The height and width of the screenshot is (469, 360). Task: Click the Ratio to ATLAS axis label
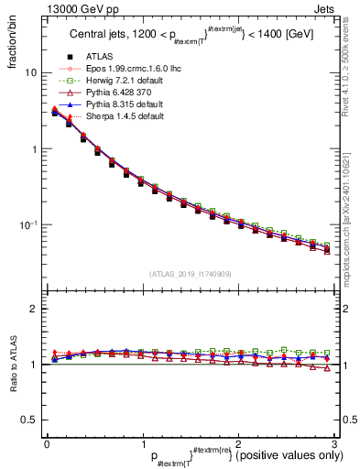(x=10, y=365)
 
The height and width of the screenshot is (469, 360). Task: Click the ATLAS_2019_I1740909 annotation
(x=191, y=273)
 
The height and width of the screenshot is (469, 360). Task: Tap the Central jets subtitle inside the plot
(x=190, y=37)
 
